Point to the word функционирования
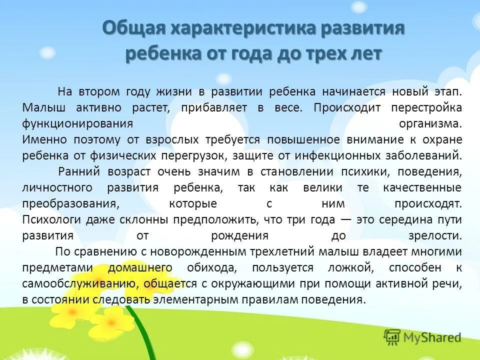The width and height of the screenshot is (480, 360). (77, 123)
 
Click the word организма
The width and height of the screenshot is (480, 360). (430, 123)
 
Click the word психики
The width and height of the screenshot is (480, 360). (365, 171)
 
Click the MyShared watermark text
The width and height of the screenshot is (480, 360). (432, 337)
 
